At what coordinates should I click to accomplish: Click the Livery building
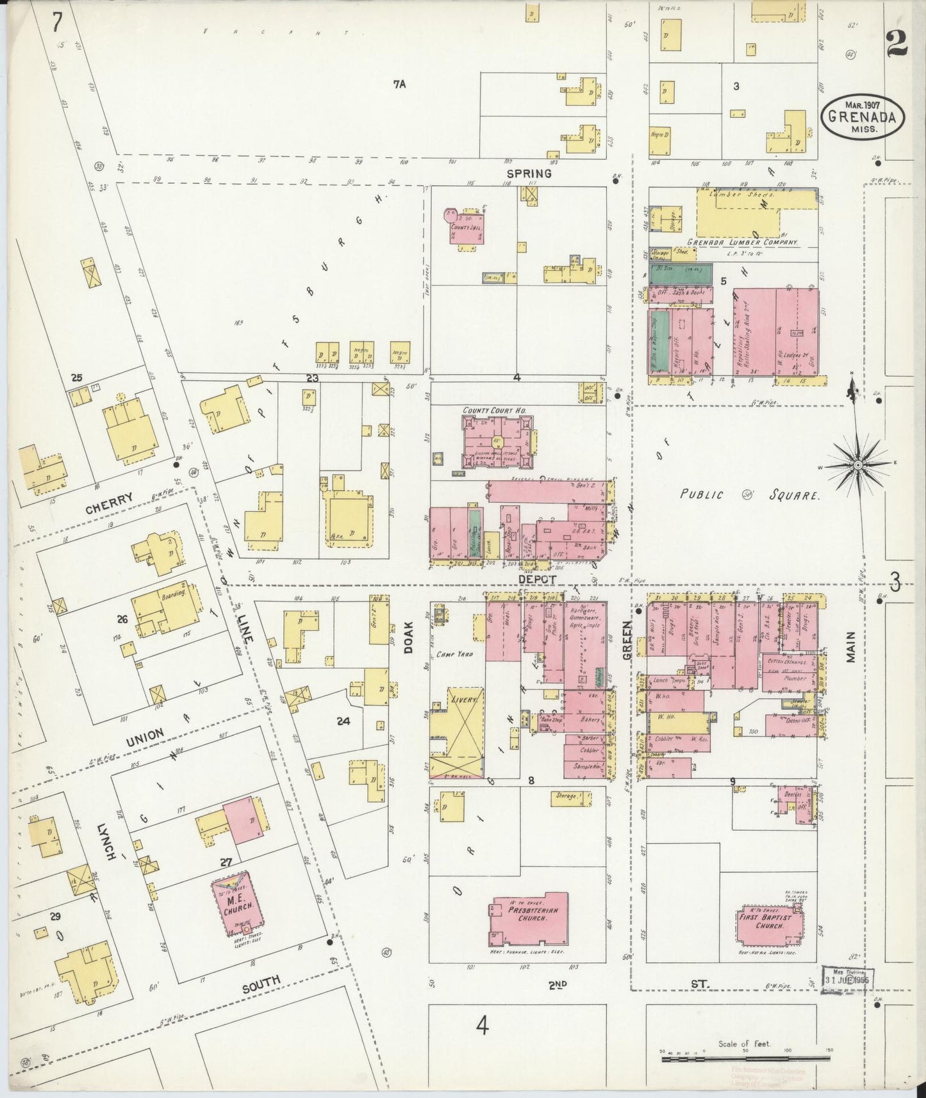(456, 730)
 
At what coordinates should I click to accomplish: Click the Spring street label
(529, 173)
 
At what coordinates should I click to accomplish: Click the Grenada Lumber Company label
(742, 243)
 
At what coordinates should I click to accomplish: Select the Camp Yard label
(454, 655)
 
